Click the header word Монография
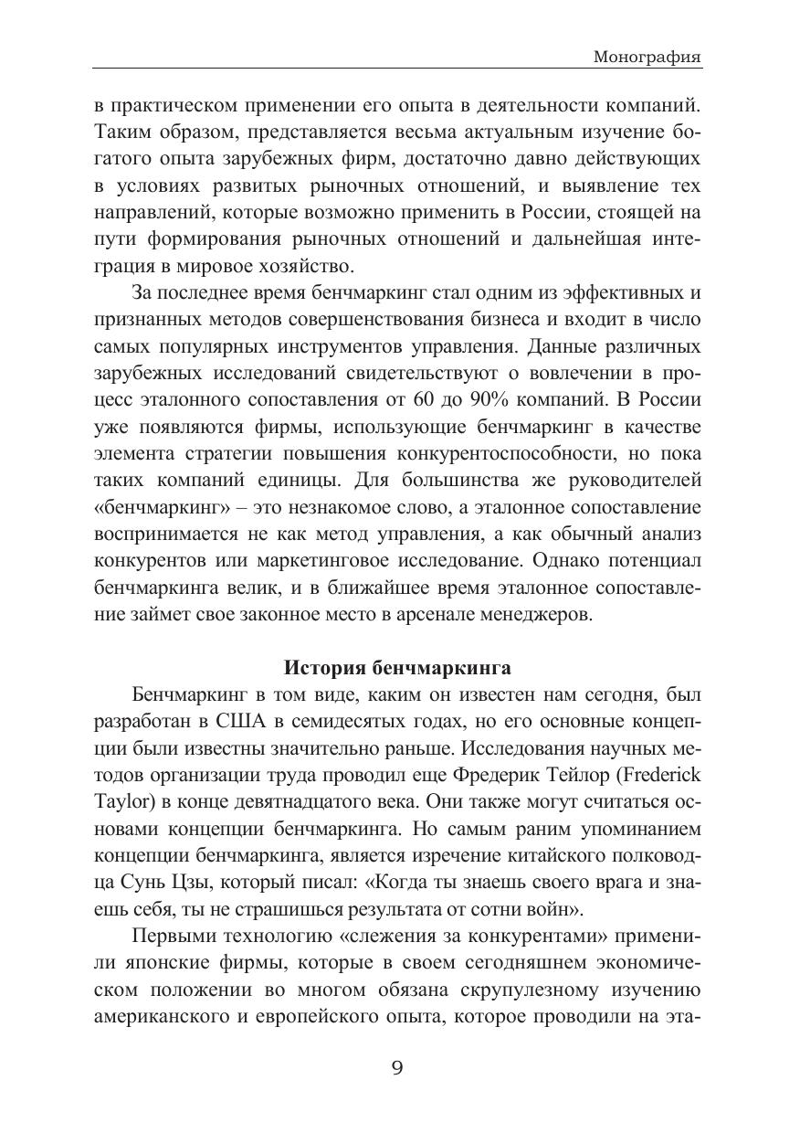[x=647, y=57]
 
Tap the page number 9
[x=397, y=1067]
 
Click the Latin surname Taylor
[x=121, y=803]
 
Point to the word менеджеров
[x=546, y=614]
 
